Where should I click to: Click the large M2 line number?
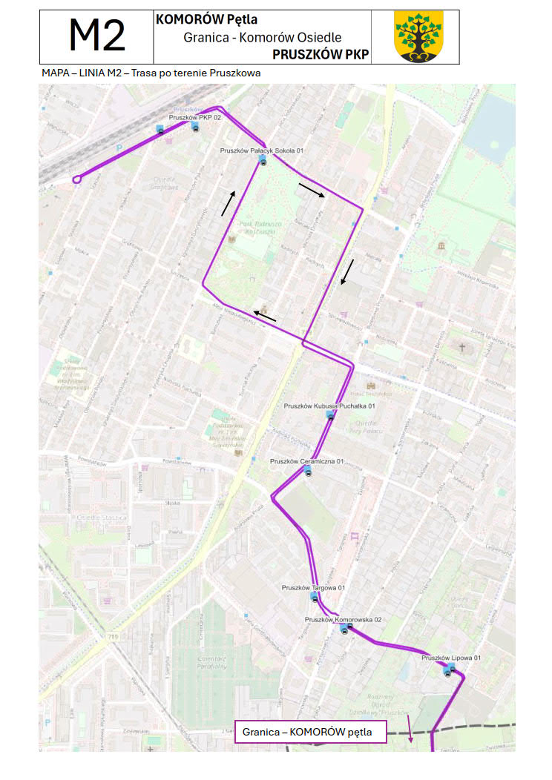(96, 36)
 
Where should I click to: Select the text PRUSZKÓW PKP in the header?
(321, 54)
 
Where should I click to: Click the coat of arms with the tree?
(418, 36)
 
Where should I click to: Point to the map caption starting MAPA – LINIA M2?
(151, 73)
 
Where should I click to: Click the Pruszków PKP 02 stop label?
(195, 117)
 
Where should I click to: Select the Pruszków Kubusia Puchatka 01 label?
(329, 406)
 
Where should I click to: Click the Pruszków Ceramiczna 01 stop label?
(307, 461)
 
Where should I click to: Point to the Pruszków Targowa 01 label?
(313, 587)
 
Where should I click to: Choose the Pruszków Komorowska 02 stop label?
(342, 618)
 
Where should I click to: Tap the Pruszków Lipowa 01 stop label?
(451, 658)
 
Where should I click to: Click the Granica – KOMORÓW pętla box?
(312, 732)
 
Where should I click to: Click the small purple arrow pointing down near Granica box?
(410, 730)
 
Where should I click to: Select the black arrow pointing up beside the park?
(229, 203)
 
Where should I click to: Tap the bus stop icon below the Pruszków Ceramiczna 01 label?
(308, 472)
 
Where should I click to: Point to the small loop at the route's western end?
(76, 179)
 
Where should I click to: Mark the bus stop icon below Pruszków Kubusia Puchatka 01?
(330, 416)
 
